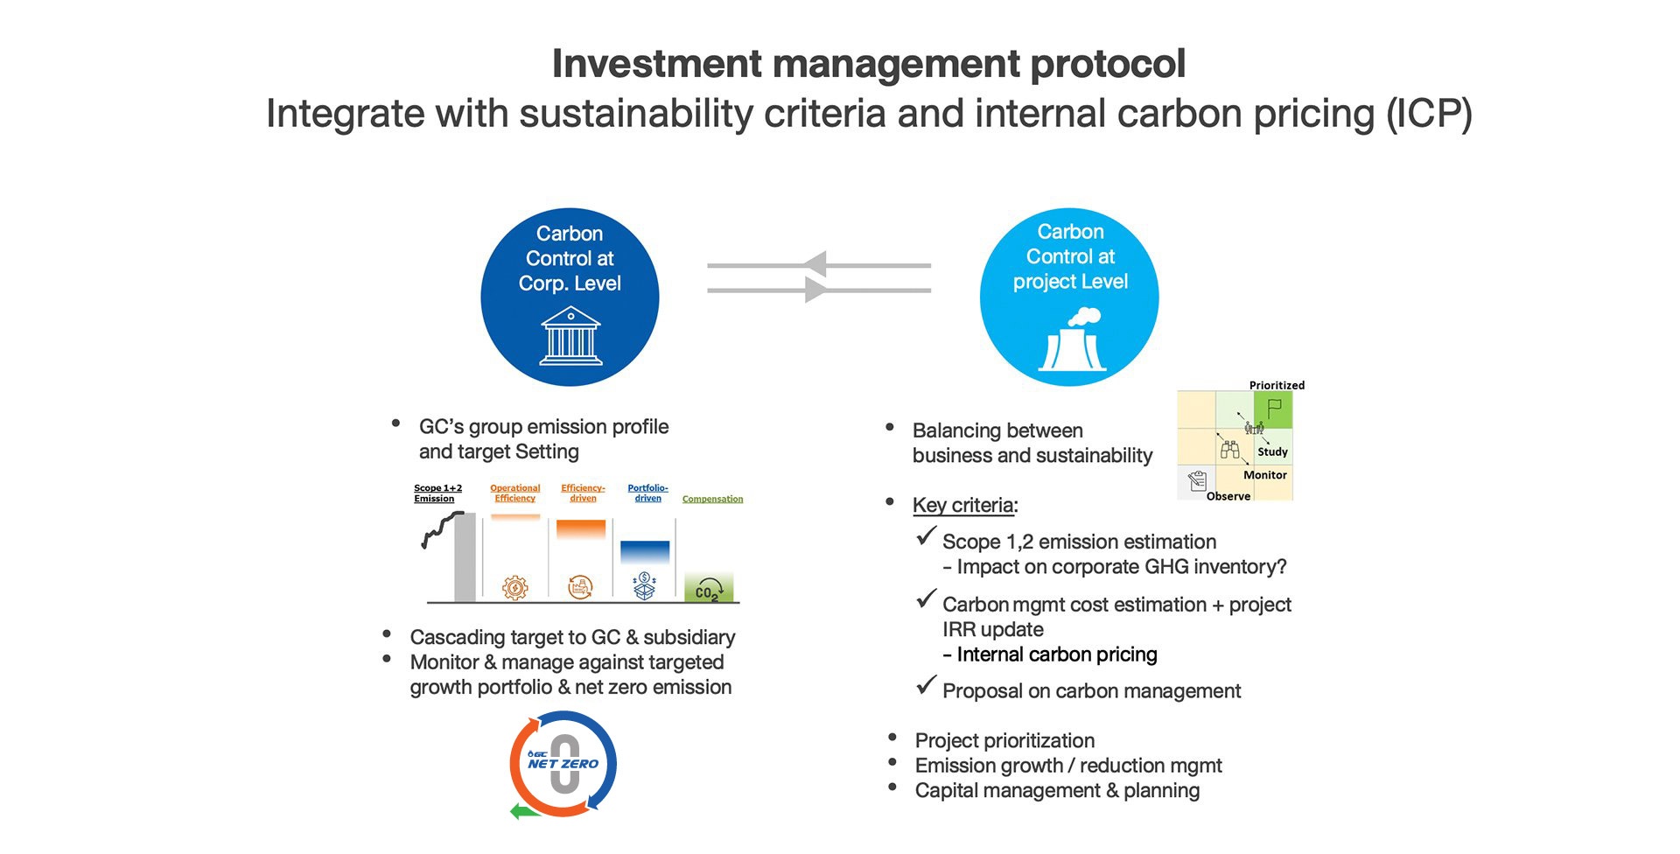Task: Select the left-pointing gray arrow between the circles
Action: click(x=819, y=264)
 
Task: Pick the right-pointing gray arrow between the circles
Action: click(x=819, y=290)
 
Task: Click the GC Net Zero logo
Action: click(x=563, y=765)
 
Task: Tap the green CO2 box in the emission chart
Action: click(x=709, y=588)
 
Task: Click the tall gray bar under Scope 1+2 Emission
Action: click(x=465, y=557)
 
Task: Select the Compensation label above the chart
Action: click(x=712, y=499)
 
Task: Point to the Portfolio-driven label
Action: click(x=647, y=493)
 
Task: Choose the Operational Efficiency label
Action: click(x=514, y=493)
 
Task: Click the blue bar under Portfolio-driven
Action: click(x=645, y=552)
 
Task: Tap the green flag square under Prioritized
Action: click(x=1273, y=409)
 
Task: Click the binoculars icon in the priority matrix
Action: click(x=1230, y=450)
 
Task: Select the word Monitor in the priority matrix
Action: click(x=1265, y=475)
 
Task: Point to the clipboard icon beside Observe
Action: click(x=1197, y=479)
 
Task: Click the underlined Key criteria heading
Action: click(x=963, y=505)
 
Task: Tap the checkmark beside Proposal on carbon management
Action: click(x=926, y=685)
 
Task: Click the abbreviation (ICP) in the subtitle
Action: click(x=1429, y=114)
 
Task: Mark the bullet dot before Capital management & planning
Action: click(x=892, y=787)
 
